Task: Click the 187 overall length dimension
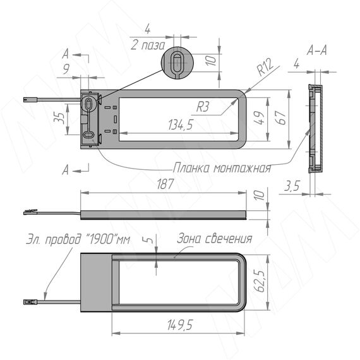pos(165,184)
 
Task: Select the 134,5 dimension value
pos(181,125)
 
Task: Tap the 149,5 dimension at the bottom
pos(180,325)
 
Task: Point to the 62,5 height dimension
pos(260,281)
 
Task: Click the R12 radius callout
pos(265,67)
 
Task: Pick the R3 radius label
pos(203,107)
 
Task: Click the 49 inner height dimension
pos(260,118)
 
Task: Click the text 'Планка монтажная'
pos(222,168)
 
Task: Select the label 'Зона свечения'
pos(215,239)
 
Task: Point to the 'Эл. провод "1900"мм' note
pos(78,239)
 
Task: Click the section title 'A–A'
pos(316,51)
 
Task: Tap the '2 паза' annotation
pos(148,45)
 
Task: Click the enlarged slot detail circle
pos(177,63)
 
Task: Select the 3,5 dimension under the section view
pos(292,186)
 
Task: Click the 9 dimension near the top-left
pos(66,69)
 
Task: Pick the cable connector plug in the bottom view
pos(30,302)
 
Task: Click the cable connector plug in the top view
pos(30,100)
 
